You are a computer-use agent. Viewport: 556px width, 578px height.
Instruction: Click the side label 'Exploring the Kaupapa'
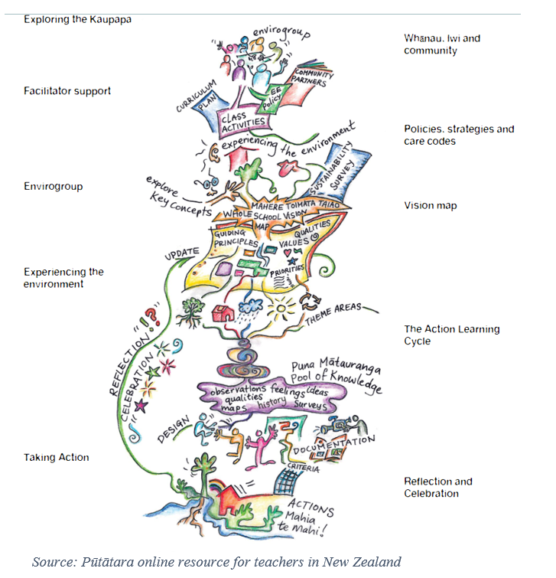point(77,18)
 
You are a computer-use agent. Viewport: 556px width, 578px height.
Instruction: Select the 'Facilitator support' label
point(67,91)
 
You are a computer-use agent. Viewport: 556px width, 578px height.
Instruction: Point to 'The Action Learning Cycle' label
point(451,335)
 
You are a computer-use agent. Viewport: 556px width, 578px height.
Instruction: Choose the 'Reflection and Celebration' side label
point(437,488)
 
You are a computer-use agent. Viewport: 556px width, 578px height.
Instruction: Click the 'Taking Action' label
point(56,457)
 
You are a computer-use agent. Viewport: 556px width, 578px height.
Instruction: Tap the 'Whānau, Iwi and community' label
point(442,44)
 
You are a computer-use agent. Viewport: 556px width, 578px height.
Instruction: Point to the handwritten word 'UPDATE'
point(180,252)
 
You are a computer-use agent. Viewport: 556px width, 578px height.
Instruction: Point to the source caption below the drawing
point(216,562)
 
